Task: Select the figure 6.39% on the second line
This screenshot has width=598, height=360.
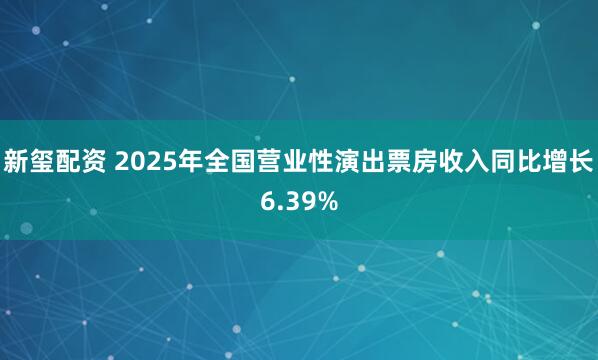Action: point(298,201)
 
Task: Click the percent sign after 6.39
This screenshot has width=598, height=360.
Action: point(328,201)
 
